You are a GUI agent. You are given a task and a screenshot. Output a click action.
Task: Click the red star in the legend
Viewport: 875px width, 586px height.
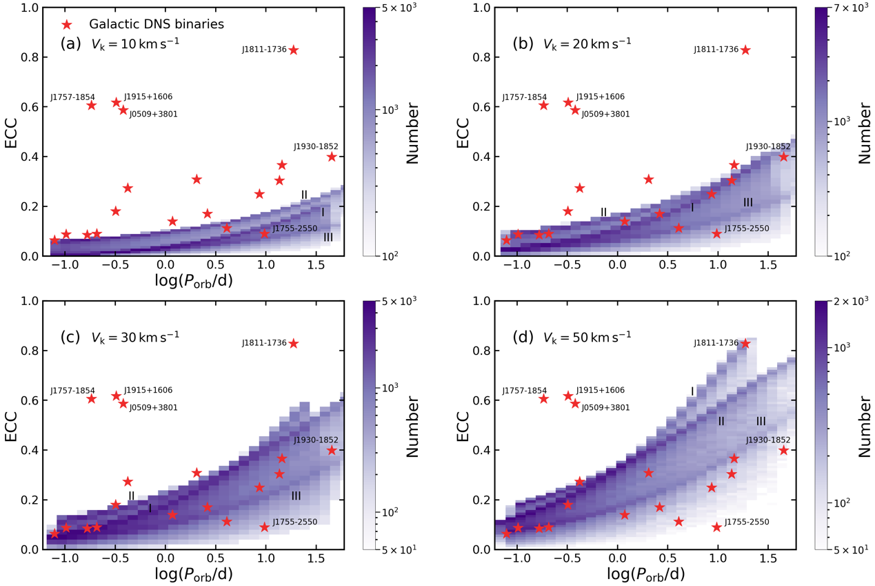pos(68,24)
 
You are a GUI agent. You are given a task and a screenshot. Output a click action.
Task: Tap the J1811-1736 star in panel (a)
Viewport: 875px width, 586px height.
pos(294,50)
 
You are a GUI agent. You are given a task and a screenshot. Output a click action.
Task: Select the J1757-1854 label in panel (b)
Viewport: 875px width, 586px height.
pos(524,97)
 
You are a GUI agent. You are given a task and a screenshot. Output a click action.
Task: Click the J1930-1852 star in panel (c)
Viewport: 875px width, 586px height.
pos(332,450)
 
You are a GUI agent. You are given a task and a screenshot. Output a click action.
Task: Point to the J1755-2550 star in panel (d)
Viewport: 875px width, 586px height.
pos(717,527)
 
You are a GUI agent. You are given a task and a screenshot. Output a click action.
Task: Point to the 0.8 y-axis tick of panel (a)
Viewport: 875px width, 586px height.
pos(30,57)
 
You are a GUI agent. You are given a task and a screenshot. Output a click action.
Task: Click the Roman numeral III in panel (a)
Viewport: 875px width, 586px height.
pos(329,237)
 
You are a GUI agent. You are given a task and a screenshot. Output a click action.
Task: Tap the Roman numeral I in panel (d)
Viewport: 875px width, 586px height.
pos(692,391)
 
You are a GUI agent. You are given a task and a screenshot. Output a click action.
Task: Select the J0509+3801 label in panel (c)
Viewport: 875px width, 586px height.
pos(153,408)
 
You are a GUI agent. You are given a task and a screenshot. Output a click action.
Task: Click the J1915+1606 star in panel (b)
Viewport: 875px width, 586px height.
pos(568,102)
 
